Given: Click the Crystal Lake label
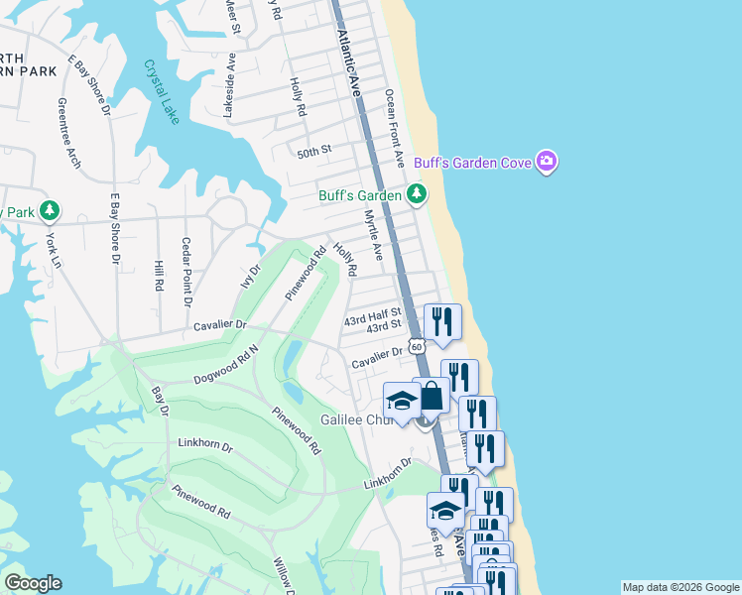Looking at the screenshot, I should click(162, 92).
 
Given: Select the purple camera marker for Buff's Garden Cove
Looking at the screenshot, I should click(546, 161).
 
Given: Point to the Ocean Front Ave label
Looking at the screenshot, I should click(394, 126).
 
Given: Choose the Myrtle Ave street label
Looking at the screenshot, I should click(372, 234).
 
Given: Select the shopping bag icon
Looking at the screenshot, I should click(432, 397).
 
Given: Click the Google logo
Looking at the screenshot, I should click(33, 583).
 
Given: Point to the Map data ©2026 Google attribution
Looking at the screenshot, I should click(680, 587).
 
